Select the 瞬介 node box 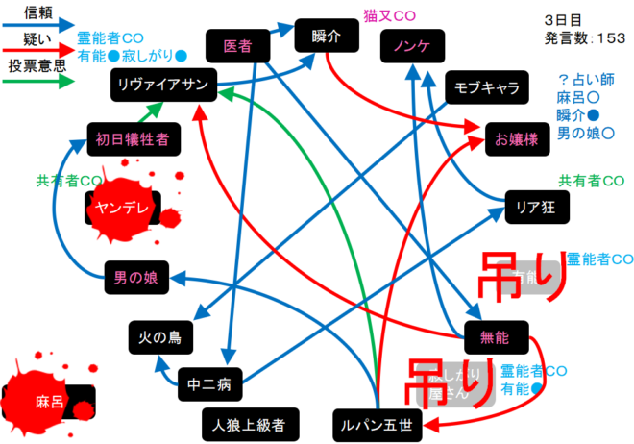point(327,36)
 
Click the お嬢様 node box point(517,137)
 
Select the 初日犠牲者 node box point(133,139)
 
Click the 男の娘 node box point(135,279)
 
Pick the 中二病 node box point(209,386)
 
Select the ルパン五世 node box point(376,424)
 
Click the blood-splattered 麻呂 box point(51,401)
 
